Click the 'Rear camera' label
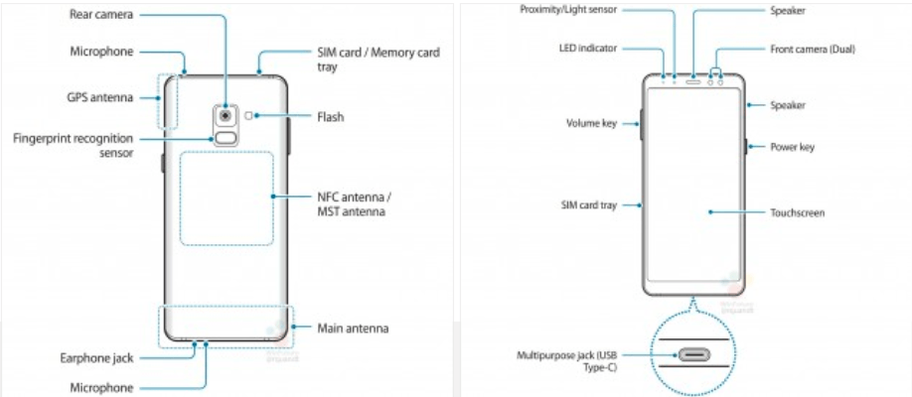(101, 14)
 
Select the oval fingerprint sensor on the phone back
(227, 138)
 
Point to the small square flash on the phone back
(249, 116)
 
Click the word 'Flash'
(331, 117)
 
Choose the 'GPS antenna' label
(100, 97)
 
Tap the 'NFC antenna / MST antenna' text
(352, 203)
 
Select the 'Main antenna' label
(353, 329)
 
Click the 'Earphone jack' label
(96, 358)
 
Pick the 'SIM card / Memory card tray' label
(379, 60)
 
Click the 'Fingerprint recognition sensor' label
(74, 146)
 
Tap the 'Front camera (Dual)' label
(813, 50)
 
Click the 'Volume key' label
(591, 123)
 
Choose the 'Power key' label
(792, 147)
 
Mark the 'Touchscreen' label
(798, 212)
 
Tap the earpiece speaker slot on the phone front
(693, 81)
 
